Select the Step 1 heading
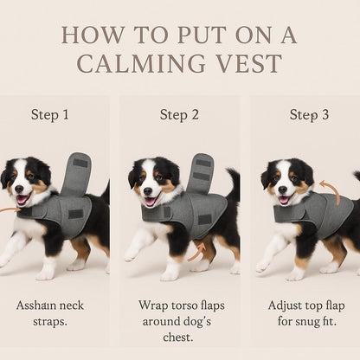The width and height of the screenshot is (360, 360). coord(50,114)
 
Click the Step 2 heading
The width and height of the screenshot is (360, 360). coord(179,114)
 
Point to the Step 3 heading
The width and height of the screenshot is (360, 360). coord(309,114)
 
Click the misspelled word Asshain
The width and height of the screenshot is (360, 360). coord(38,305)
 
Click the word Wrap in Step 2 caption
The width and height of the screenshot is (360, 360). coord(153,305)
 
